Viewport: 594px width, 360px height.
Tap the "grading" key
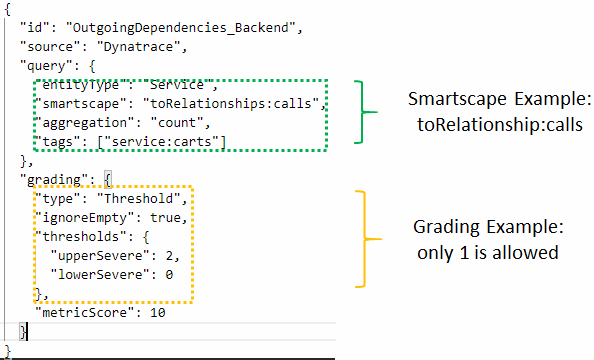coord(54,178)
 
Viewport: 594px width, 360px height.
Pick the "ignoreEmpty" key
coord(77,216)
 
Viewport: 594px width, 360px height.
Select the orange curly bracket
coord(372,238)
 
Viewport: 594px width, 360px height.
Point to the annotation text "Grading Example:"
coord(484,228)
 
